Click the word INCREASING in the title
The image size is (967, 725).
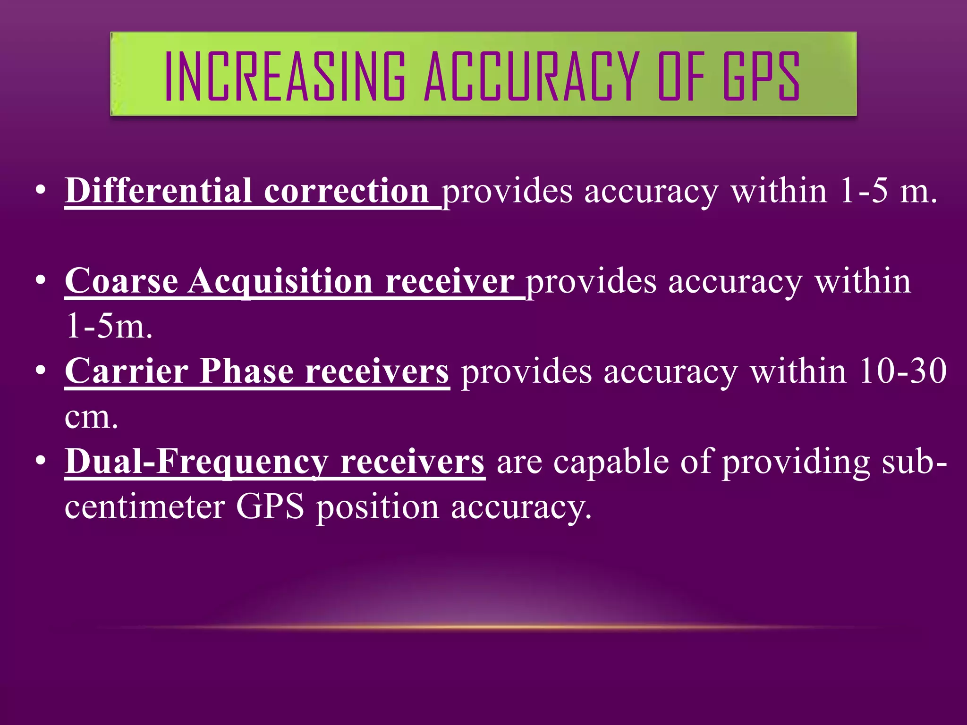[x=285, y=76]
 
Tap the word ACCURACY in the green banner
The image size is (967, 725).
[x=532, y=76]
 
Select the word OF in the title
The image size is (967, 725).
[x=681, y=76]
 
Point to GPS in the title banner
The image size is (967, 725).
[x=761, y=76]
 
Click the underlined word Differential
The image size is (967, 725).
[x=158, y=191]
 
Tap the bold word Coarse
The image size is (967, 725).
[x=121, y=281]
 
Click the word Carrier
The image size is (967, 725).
[x=127, y=371]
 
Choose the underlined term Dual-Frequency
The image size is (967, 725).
[x=196, y=462]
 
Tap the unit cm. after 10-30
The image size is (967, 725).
[x=91, y=417]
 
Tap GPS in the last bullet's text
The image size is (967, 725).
[x=270, y=507]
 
